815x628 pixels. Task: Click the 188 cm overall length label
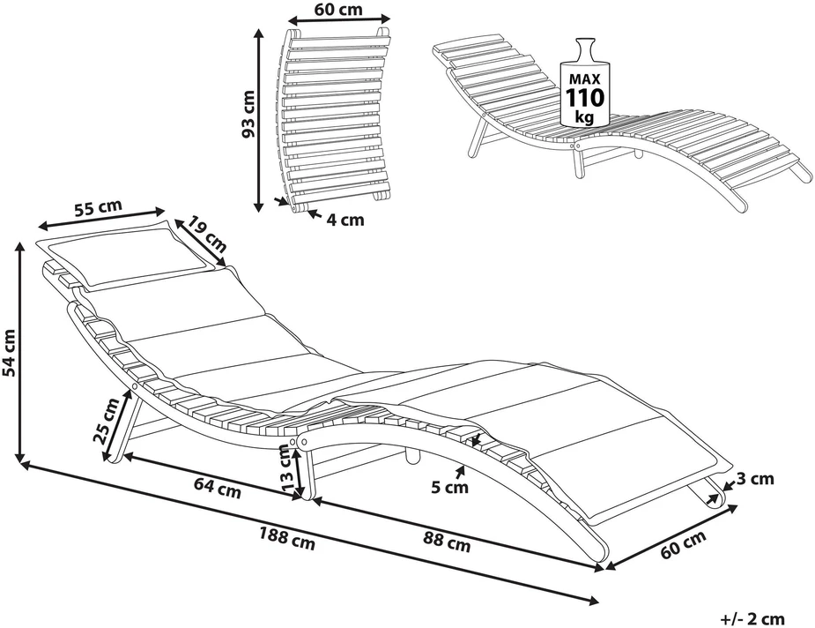click(287, 538)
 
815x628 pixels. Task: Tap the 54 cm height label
click(10, 352)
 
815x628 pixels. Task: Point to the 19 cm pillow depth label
click(207, 233)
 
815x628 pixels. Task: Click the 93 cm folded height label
click(248, 114)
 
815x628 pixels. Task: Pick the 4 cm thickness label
click(345, 221)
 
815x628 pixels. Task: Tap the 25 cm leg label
click(107, 420)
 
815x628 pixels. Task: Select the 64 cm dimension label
click(218, 488)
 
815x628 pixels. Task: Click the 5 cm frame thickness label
click(449, 488)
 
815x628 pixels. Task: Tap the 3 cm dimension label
click(755, 479)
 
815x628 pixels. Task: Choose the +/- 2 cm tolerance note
click(752, 619)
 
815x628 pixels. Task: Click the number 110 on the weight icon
click(585, 97)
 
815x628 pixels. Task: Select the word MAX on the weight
click(585, 79)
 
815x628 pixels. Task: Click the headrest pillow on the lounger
click(129, 253)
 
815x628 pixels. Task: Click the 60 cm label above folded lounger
click(339, 10)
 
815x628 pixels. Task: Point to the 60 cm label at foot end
click(683, 543)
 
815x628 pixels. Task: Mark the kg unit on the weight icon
click(585, 117)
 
